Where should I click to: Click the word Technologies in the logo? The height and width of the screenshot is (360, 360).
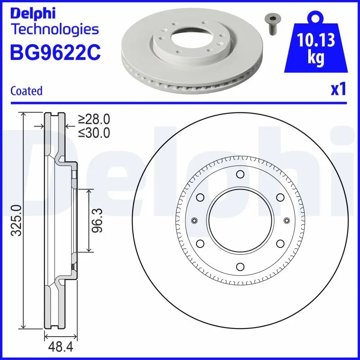pyautogui.click(x=54, y=30)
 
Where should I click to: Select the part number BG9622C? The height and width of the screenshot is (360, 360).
pyautogui.click(x=55, y=53)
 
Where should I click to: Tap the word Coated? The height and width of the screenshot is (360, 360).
pyautogui.click(x=26, y=91)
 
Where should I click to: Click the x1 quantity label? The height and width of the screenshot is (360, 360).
pyautogui.click(x=338, y=90)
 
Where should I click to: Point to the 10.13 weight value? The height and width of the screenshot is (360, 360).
pyautogui.click(x=317, y=41)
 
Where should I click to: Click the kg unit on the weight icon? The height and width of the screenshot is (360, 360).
pyautogui.click(x=317, y=59)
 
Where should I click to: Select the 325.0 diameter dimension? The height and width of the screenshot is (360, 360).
pyautogui.click(x=17, y=220)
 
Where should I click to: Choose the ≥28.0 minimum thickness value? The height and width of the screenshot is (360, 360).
pyautogui.click(x=94, y=119)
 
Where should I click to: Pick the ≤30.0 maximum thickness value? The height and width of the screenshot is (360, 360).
pyautogui.click(x=94, y=133)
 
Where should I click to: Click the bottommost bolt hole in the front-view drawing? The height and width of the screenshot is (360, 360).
pyautogui.click(x=240, y=266)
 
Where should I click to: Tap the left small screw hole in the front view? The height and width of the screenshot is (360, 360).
pyautogui.click(x=194, y=220)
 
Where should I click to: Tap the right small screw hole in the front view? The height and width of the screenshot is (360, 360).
pyautogui.click(x=286, y=220)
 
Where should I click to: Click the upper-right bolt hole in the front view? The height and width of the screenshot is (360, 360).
pyautogui.click(x=279, y=197)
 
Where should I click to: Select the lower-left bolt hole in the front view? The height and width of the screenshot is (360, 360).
pyautogui.click(x=200, y=243)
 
